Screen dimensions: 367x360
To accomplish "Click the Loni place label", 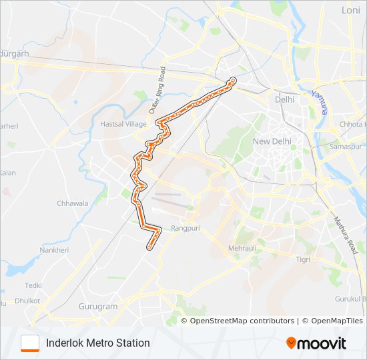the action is click(x=350, y=10).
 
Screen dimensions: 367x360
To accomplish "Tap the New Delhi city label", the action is click(x=272, y=141).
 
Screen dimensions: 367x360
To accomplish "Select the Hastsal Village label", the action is click(x=123, y=124).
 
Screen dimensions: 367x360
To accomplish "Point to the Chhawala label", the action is click(x=73, y=203).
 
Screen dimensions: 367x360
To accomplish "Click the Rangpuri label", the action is click(x=186, y=228).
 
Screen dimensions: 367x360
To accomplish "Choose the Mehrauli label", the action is click(x=242, y=248).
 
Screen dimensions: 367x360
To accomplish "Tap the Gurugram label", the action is click(x=98, y=307).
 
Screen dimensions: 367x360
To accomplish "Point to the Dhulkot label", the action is click(x=27, y=301).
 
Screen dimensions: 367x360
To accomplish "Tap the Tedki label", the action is click(x=33, y=285).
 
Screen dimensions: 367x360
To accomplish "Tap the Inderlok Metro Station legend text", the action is click(x=98, y=343).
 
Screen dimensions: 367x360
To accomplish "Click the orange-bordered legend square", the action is click(x=30, y=343).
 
